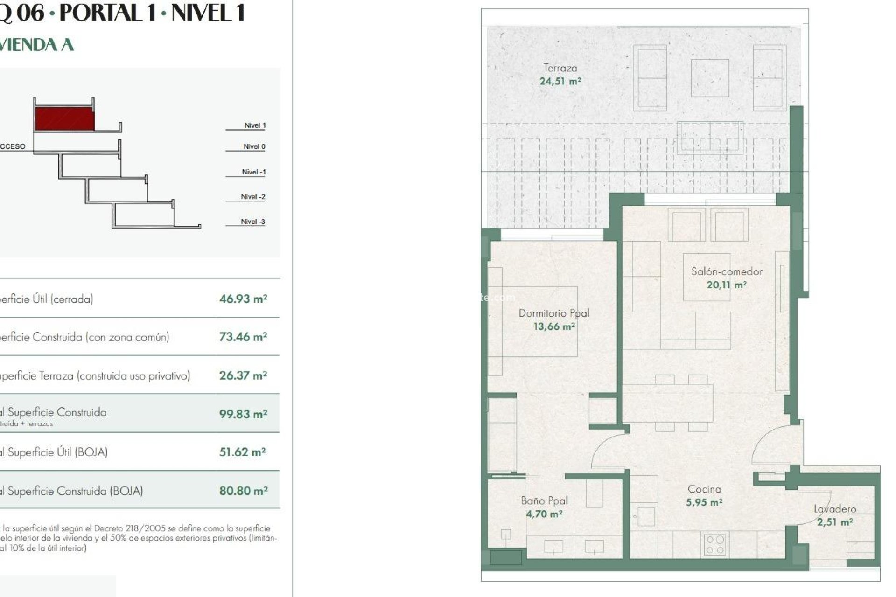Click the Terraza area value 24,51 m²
click(560, 81)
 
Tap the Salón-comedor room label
click(726, 271)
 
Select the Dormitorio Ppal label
click(554, 313)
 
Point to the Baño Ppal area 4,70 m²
click(544, 514)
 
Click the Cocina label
click(704, 489)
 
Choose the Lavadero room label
click(835, 509)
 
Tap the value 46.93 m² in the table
click(243, 298)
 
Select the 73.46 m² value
click(243, 337)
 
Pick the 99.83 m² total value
click(243, 414)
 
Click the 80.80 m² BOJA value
click(243, 491)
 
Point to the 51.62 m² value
click(242, 452)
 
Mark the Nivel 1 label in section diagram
click(255, 125)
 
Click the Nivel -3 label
click(253, 222)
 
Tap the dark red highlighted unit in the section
click(64, 119)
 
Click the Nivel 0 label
click(254, 146)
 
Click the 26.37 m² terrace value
click(243, 375)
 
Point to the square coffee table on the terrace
click(710, 78)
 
